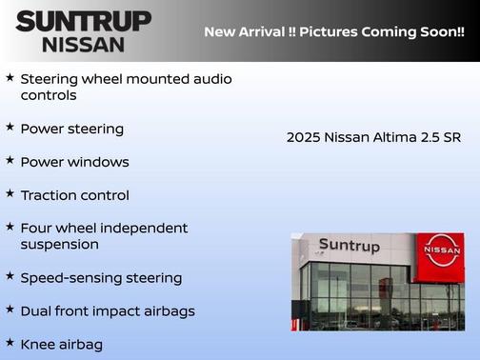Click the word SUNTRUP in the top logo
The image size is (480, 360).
pyautogui.click(x=83, y=21)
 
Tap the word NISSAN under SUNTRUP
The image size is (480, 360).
pyautogui.click(x=83, y=44)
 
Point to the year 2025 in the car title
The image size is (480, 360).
pyautogui.click(x=304, y=137)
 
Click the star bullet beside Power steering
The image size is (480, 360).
pyautogui.click(x=10, y=127)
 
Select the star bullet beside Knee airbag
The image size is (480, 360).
pyautogui.click(x=10, y=343)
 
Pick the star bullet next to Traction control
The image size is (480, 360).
pyautogui.click(x=10, y=193)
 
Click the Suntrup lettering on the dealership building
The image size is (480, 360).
pyautogui.click(x=349, y=246)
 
